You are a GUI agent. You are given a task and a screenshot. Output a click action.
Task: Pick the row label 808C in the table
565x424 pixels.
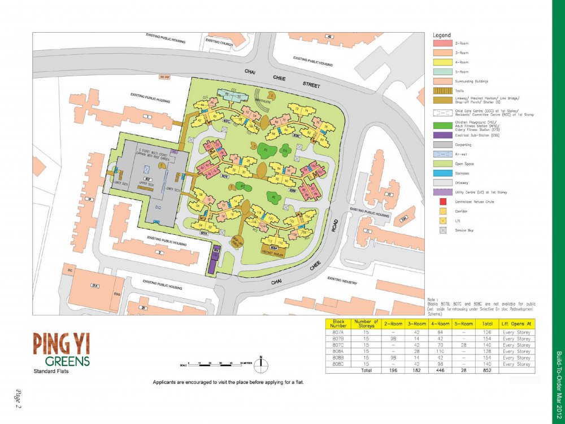point(339,364)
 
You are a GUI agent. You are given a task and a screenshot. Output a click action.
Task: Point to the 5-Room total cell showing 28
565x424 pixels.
point(463,371)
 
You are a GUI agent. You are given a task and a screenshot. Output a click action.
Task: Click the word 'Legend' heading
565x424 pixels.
point(441,35)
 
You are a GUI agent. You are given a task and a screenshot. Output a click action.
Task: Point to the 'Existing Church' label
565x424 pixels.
point(219,41)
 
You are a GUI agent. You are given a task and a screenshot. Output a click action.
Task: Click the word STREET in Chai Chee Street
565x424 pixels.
point(311,86)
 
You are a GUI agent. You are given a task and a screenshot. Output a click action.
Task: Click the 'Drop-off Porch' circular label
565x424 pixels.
point(237,242)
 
